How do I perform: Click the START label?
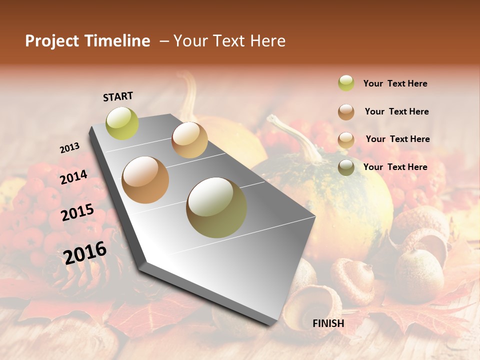pos(118,96)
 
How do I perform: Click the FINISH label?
pos(328,323)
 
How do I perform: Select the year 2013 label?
pos(69,148)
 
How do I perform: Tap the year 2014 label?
pos(74,177)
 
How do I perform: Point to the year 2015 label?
pos(77,212)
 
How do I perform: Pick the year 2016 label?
pos(85,252)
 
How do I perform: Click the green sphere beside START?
pos(122,123)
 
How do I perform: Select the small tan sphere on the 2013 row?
pos(189,140)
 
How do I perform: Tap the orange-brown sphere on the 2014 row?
pos(145,179)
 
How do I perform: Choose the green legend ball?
pos(346,83)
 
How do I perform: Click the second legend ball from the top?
pos(346,111)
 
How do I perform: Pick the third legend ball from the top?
pos(346,139)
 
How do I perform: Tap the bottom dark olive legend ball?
pos(346,167)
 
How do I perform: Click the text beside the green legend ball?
pos(395,83)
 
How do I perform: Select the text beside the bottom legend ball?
pos(395,167)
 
